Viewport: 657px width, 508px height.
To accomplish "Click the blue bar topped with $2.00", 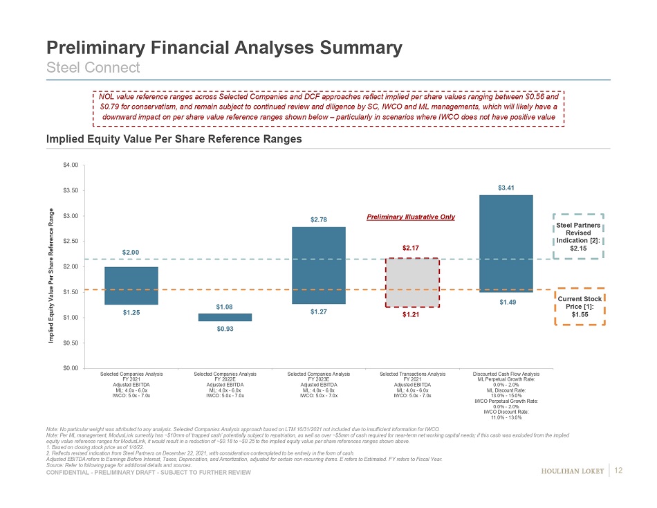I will pos(131,285).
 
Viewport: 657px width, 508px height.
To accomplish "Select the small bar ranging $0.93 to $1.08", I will pos(225,317).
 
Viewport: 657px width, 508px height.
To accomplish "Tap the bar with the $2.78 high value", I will pos(319,265).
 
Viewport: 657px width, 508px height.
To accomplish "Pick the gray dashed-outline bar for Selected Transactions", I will pos(411,282).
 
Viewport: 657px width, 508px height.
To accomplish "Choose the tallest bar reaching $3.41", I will pos(506,244).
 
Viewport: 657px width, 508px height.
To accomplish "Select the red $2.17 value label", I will pos(411,247).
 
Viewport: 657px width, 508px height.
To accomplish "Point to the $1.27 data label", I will pos(319,312).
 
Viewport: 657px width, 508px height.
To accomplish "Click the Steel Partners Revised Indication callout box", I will pos(580,236).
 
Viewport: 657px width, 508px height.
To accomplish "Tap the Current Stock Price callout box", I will pos(580,307).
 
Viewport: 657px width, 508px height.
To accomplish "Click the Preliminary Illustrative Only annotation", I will pos(410,217).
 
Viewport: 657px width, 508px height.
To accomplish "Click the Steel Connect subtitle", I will pos(93,67).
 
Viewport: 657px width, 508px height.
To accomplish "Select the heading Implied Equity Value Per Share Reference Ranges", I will pos(174,139).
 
